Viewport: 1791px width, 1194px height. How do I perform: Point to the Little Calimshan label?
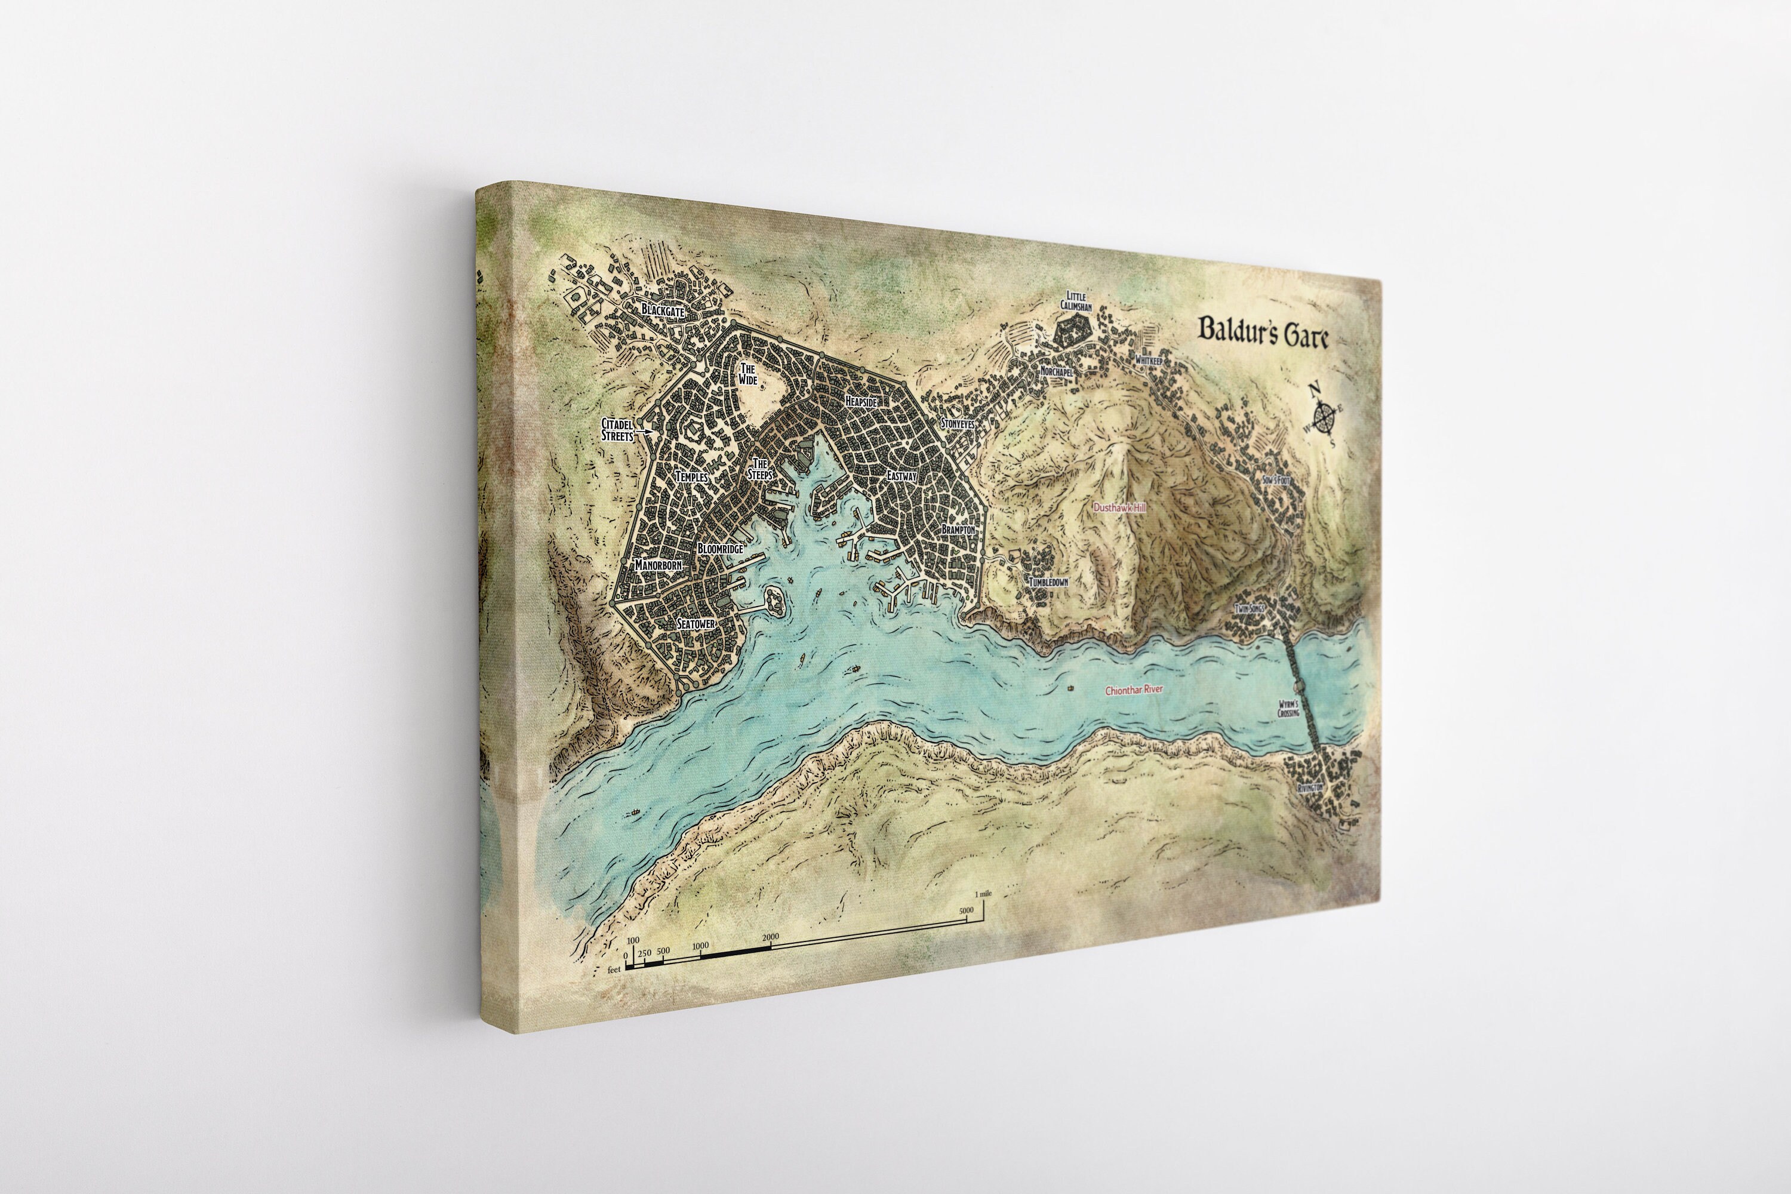(1076, 301)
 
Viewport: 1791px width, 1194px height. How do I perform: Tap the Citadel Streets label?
(617, 429)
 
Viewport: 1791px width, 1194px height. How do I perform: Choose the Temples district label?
(691, 476)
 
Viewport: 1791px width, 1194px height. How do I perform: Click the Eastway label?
(901, 476)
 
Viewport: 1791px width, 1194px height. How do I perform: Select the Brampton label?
(958, 528)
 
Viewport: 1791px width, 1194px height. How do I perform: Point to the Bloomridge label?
(719, 548)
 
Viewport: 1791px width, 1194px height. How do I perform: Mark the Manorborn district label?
(658, 566)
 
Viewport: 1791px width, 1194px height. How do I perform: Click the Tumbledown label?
(1048, 581)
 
